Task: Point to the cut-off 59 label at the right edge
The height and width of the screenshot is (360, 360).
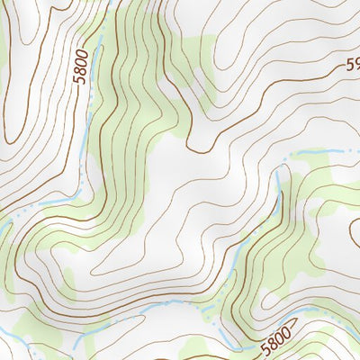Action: coord(352,65)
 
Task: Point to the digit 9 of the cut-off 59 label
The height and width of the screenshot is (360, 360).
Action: coord(355,64)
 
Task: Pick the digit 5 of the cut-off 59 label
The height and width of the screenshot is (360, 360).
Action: coord(347,66)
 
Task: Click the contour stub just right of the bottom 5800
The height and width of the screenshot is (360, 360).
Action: coord(299,324)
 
